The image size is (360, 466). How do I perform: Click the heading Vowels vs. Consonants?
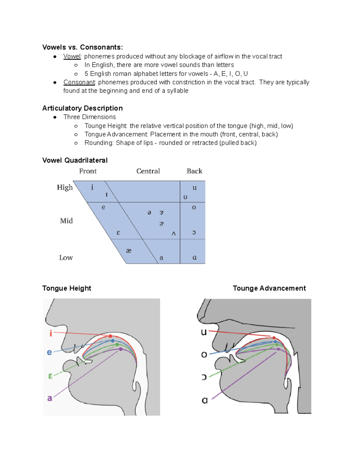point(82,47)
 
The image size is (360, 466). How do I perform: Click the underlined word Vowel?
point(72,56)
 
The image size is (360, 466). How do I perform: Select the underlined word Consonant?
point(79,82)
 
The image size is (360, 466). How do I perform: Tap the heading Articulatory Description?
point(82,108)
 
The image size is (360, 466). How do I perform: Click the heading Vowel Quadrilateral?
point(75,160)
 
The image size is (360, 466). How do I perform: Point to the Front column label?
point(88,171)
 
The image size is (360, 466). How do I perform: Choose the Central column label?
point(148,171)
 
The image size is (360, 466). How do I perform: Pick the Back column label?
point(194,171)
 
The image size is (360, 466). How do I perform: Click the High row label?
point(65,188)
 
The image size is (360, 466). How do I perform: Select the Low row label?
point(66,257)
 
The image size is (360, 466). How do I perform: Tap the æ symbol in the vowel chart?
point(129,251)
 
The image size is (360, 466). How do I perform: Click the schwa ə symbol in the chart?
point(149,213)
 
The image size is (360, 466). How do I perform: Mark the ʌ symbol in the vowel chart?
point(174,233)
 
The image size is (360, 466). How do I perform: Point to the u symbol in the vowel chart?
point(195,188)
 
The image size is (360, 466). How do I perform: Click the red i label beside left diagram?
point(51,333)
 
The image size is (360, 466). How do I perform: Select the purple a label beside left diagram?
point(50,398)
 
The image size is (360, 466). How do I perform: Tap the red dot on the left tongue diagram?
point(110,336)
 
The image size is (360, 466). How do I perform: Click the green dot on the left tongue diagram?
point(117,344)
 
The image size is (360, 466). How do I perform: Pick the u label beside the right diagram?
point(204,332)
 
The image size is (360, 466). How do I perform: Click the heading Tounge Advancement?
point(269,288)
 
